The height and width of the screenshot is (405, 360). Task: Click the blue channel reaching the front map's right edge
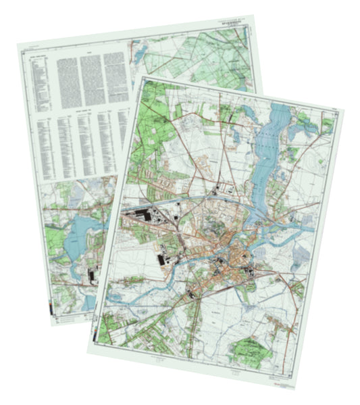(x=297, y=229)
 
